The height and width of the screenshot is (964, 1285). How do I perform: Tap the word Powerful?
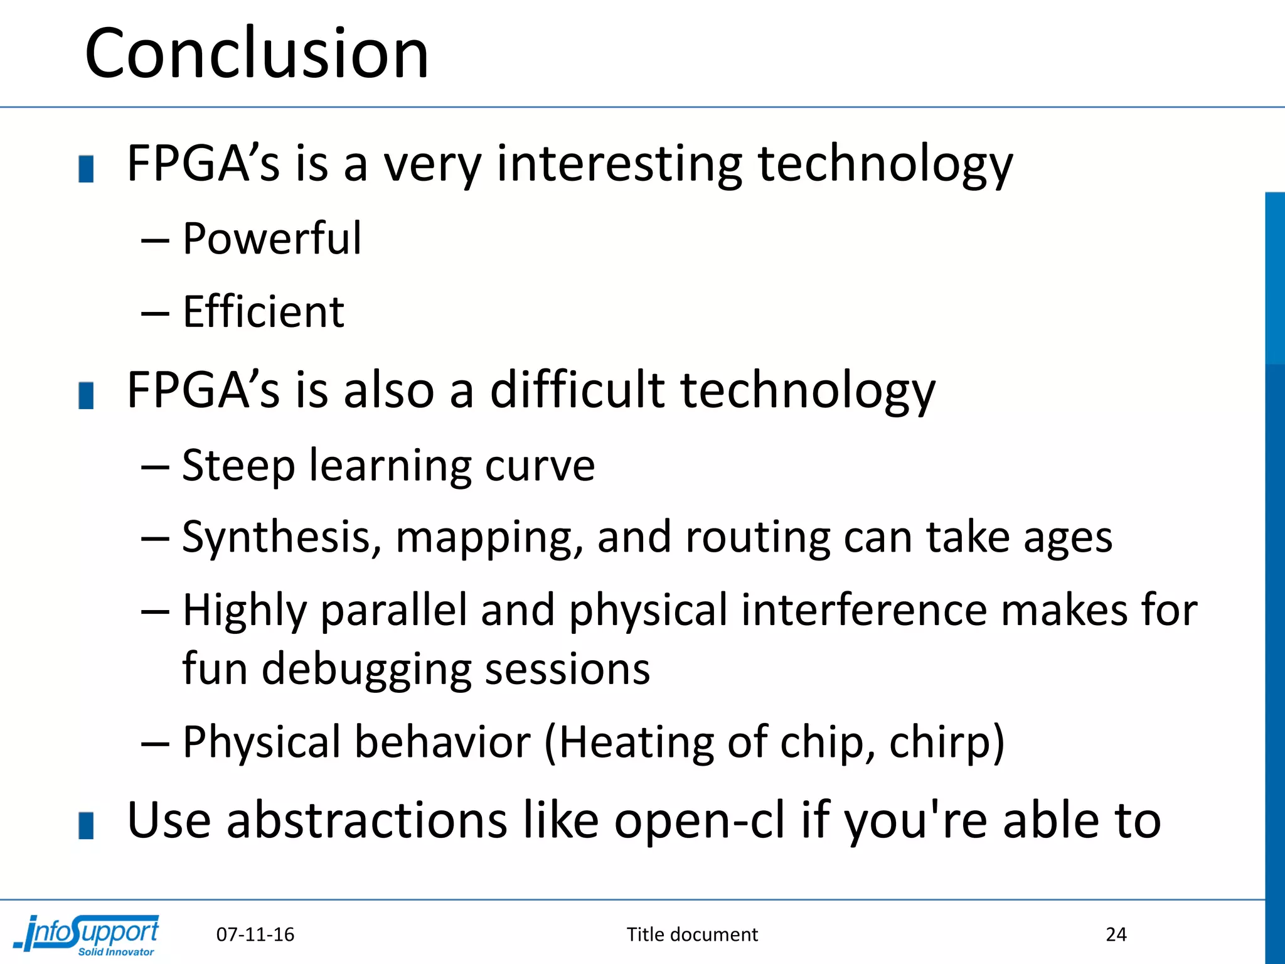tap(272, 239)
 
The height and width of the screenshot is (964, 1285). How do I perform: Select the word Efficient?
tap(264, 312)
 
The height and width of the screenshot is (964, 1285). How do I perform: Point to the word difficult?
tap(577, 390)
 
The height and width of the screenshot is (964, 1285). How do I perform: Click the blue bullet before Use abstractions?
tap(86, 825)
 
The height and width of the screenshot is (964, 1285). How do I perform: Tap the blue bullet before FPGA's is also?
tap(86, 395)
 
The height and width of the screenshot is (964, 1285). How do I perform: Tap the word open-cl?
tap(699, 821)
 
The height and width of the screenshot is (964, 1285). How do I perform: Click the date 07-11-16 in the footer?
tap(255, 935)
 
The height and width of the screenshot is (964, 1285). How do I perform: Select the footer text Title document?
tap(692, 935)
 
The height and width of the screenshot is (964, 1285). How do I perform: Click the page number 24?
tap(1116, 935)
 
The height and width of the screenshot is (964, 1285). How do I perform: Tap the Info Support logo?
tap(88, 935)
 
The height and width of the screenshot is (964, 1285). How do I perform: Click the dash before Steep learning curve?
tap(155, 468)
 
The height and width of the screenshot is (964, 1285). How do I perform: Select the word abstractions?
tap(366, 821)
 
